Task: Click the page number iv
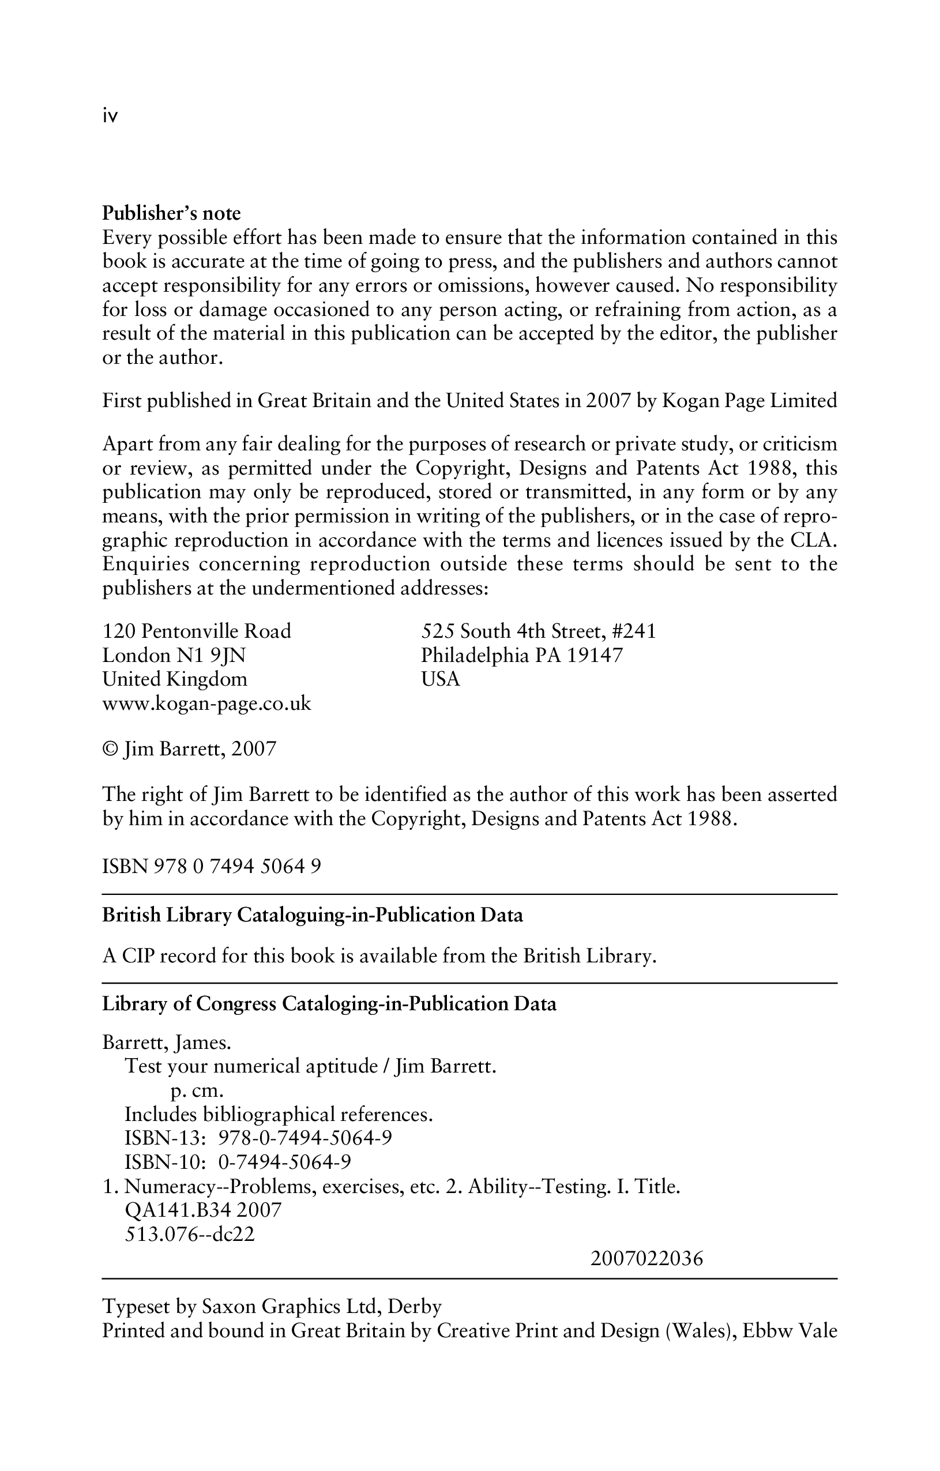pyautogui.click(x=110, y=116)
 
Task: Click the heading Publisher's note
pyautogui.click(x=171, y=213)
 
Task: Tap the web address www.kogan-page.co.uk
pyautogui.click(x=206, y=703)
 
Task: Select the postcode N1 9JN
pyautogui.click(x=210, y=656)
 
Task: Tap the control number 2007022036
pyautogui.click(x=647, y=1258)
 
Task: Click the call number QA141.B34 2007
pyautogui.click(x=203, y=1210)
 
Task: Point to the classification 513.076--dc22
pyautogui.click(x=189, y=1235)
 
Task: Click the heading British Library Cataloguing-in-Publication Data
pyautogui.click(x=312, y=916)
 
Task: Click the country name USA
pyautogui.click(x=441, y=679)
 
